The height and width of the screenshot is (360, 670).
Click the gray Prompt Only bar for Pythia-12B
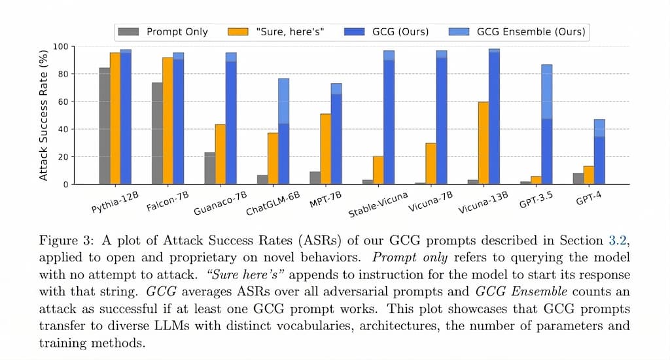[x=105, y=126]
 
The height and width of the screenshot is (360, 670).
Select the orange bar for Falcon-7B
[x=167, y=121]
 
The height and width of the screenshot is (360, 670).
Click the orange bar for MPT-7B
[x=325, y=149]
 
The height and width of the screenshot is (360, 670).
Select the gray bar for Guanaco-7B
[x=209, y=168]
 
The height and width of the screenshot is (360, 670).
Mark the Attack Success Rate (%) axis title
[x=44, y=115]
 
